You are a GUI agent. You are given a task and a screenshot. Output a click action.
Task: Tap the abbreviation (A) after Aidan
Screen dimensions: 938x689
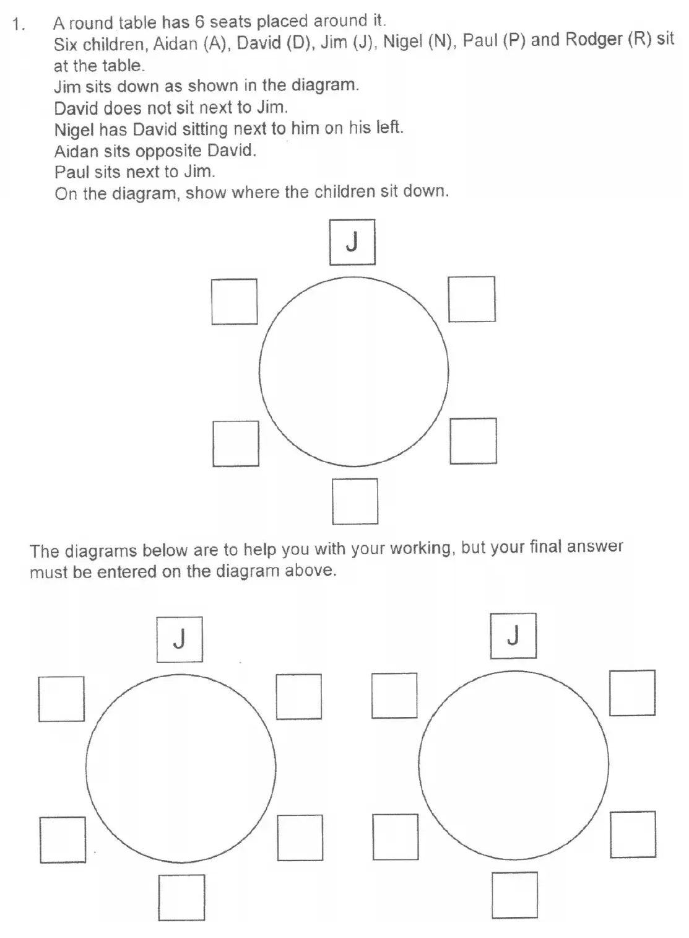[215, 43]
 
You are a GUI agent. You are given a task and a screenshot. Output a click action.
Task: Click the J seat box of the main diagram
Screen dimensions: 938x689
[352, 242]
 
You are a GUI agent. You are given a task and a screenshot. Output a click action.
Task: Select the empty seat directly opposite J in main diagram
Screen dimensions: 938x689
[355, 501]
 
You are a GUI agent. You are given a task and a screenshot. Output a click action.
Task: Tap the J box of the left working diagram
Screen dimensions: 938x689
[180, 639]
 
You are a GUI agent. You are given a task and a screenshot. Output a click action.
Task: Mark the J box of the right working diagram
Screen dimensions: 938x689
[513, 636]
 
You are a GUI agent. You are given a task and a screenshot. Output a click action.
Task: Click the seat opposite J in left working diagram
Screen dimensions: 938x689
[181, 897]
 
